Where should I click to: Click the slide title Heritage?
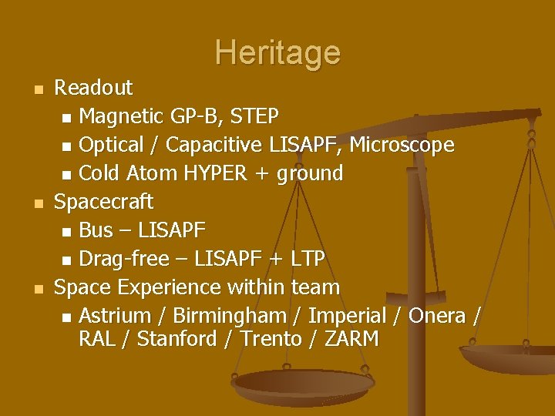click(277, 52)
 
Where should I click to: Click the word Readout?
click(93, 88)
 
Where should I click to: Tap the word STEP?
click(255, 116)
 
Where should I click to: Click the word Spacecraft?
click(104, 202)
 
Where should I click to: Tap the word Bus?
click(96, 230)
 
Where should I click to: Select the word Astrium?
click(115, 316)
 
